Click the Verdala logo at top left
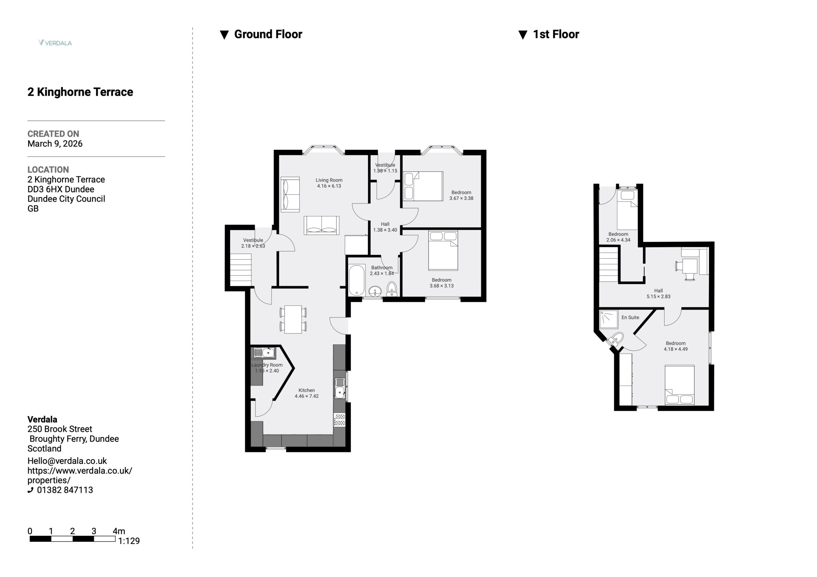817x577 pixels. [x=55, y=43]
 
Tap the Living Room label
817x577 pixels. [x=329, y=180]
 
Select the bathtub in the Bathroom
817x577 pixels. [x=356, y=280]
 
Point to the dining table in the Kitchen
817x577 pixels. [x=293, y=320]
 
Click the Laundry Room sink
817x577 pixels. [x=264, y=353]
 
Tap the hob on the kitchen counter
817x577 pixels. [x=340, y=420]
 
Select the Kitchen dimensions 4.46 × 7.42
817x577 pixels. [x=306, y=396]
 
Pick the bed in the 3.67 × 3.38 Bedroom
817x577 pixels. [x=423, y=186]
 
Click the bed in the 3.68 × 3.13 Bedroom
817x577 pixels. [x=443, y=250]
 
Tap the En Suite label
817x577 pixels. [x=630, y=317]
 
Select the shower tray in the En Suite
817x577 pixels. [x=609, y=319]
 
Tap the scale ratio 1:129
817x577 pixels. [x=129, y=541]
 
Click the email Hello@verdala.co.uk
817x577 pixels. [x=67, y=461]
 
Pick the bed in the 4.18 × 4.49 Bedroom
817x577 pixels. [x=680, y=385]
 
